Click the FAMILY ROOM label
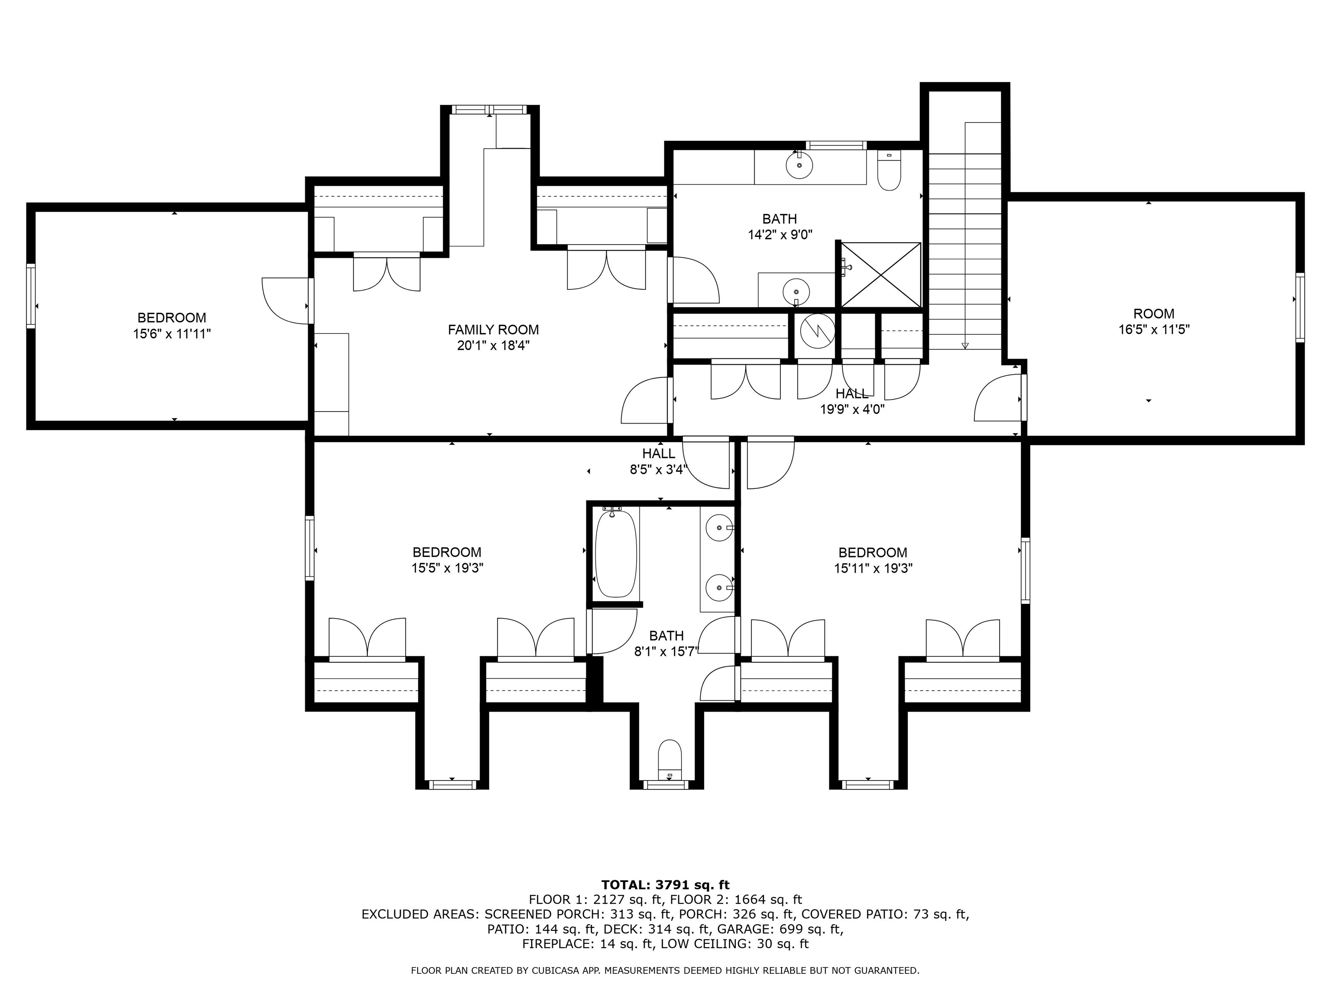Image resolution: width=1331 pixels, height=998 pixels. (493, 330)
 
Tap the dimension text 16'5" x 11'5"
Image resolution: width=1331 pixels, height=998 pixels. (1153, 330)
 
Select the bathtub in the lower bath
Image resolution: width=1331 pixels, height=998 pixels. (616, 554)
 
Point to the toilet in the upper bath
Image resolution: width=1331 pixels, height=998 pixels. (889, 172)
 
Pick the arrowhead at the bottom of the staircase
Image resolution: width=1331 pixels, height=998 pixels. (965, 345)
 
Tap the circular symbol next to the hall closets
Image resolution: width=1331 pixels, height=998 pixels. (817, 331)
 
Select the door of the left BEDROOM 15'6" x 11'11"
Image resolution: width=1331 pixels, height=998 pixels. (286, 301)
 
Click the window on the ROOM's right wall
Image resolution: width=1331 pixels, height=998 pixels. (1300, 308)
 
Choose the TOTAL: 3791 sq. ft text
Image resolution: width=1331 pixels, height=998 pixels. (665, 885)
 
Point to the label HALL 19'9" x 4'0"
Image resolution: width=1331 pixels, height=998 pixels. (852, 401)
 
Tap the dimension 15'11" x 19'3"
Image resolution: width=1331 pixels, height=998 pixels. (873, 568)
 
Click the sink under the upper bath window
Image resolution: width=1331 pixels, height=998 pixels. (799, 164)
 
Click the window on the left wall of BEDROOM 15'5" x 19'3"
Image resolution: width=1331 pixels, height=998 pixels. (310, 548)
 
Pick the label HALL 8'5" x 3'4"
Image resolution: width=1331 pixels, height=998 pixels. (658, 461)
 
